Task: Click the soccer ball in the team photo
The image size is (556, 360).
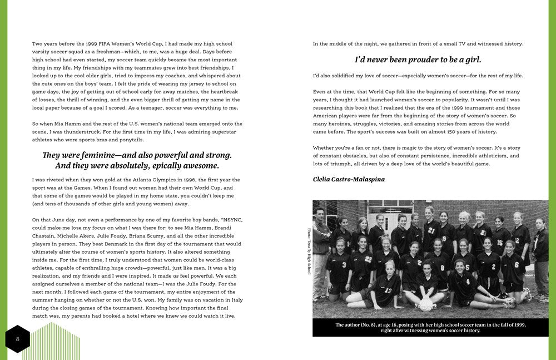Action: point(426,304)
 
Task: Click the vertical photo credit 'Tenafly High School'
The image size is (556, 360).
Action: point(309,251)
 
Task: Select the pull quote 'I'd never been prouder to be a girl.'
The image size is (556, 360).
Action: point(418,60)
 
